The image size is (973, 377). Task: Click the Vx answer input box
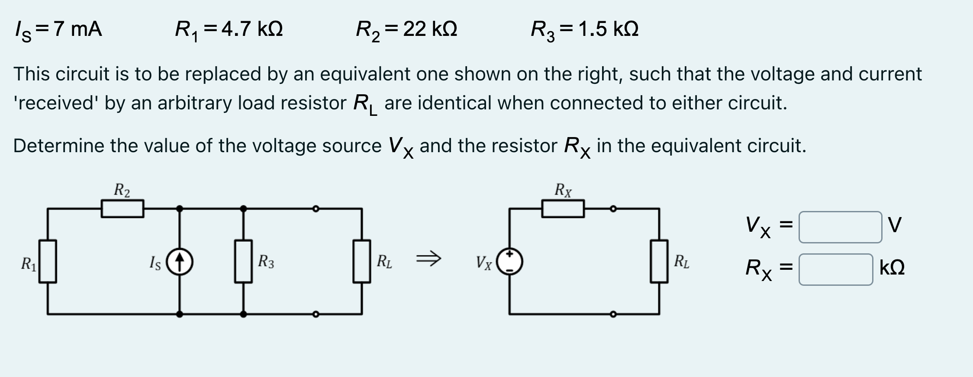point(840,227)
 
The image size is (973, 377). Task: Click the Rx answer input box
point(835,269)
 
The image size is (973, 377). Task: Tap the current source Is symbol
point(180,262)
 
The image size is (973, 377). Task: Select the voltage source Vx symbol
point(509,262)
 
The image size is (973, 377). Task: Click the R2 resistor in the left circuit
point(122,208)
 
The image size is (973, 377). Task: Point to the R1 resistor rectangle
point(48,262)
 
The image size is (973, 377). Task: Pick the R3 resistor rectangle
point(243,262)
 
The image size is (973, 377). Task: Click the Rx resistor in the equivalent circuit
point(563,209)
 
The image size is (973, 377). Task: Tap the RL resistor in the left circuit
point(361,262)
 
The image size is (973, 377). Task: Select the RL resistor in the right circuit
point(659,262)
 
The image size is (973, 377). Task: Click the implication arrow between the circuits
point(428,259)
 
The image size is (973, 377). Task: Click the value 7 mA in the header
point(78,29)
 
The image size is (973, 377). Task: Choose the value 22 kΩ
point(429,29)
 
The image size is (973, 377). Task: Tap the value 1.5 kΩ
point(608,29)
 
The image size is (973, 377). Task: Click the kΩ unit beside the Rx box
point(892,268)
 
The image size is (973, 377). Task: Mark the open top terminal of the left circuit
point(316,209)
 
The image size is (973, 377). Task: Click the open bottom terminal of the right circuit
point(613,314)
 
